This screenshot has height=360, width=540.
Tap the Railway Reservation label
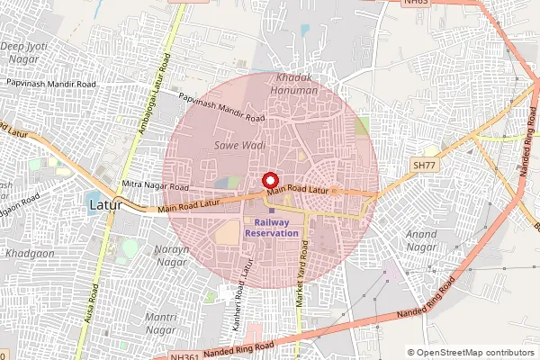tap(276, 227)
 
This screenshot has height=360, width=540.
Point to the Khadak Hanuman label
tap(297, 84)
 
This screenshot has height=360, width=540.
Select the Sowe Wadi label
tap(239, 144)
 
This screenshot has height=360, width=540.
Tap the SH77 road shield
tap(423, 166)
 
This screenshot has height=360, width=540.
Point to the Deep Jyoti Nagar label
tap(22, 51)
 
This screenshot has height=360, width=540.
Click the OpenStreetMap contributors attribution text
tap(475, 353)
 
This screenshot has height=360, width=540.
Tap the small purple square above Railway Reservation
tap(271, 211)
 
